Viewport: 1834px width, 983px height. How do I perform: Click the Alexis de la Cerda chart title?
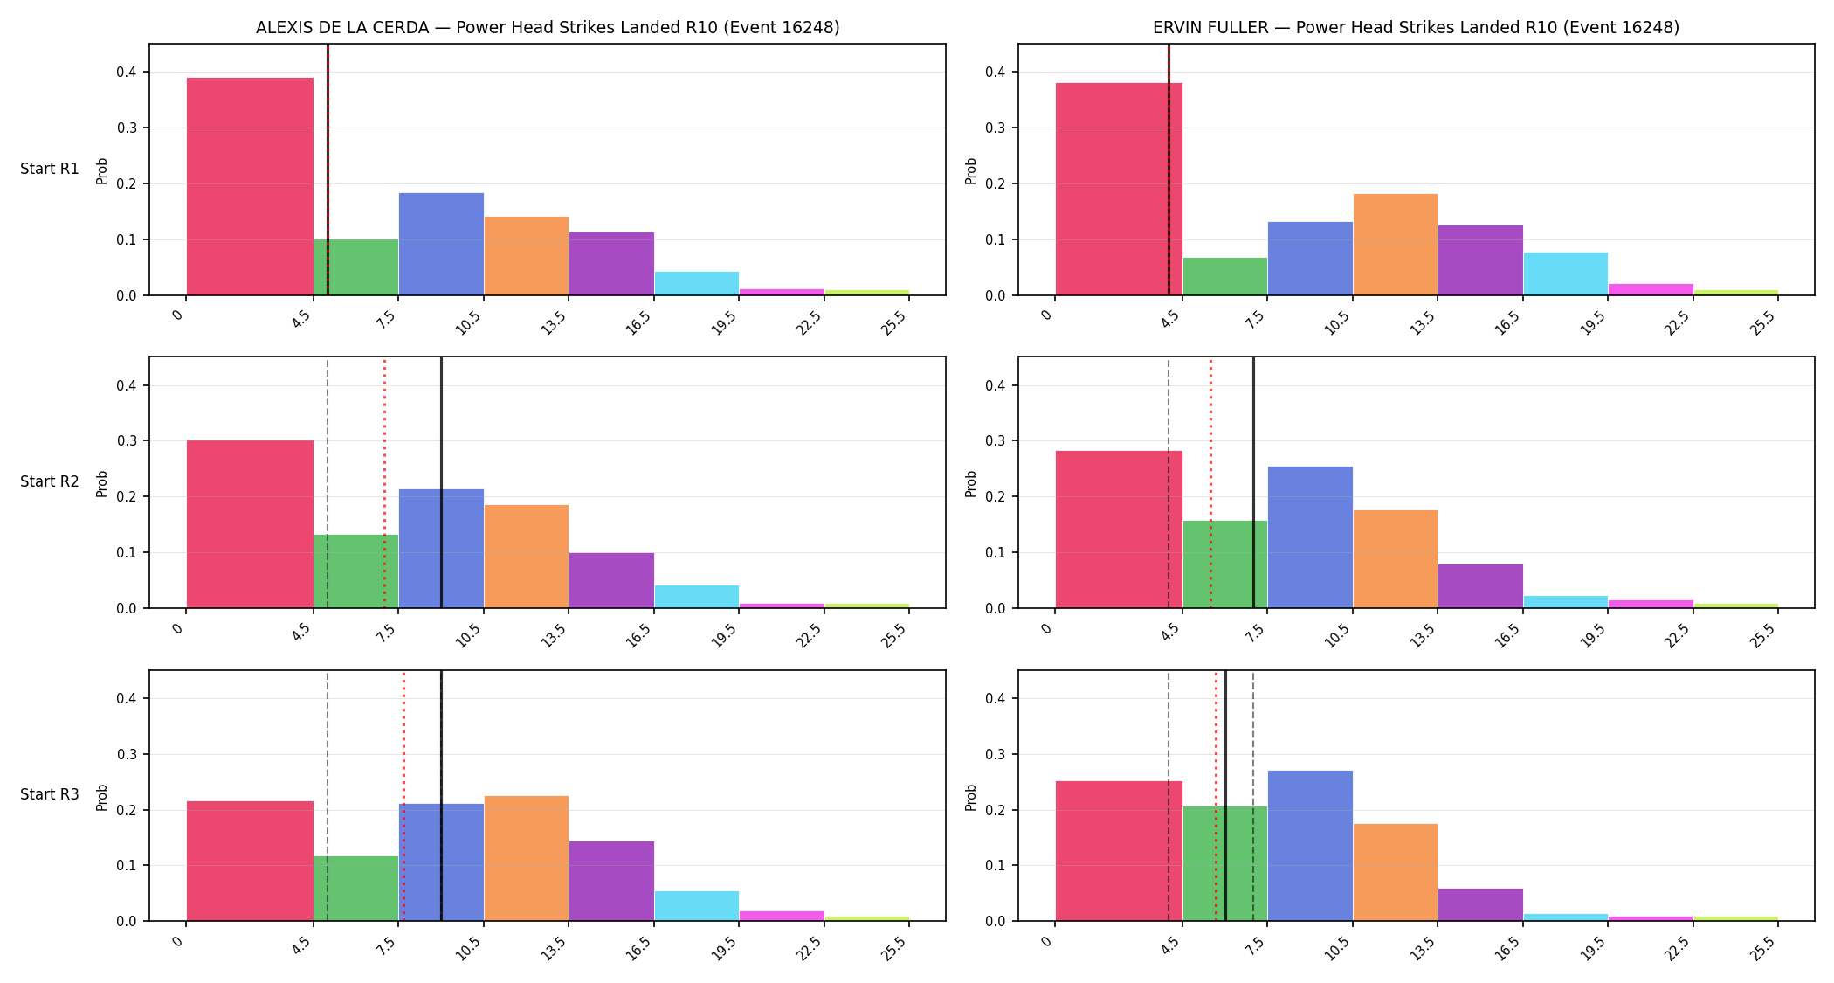(548, 27)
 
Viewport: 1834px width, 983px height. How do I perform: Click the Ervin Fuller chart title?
(1416, 27)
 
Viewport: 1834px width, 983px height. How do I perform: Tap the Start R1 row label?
(50, 169)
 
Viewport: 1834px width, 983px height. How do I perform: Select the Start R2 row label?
(50, 481)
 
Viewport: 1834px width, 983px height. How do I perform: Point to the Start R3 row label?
(50, 794)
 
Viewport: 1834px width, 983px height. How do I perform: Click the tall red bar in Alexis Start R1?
(250, 186)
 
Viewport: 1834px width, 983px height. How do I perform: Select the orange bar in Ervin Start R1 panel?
(1396, 245)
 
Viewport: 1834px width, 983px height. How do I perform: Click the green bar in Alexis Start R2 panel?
(356, 571)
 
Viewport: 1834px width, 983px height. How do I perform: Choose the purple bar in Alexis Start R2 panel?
(611, 580)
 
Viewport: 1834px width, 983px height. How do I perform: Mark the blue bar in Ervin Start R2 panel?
(1310, 537)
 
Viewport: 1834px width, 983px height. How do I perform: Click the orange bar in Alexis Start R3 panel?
(527, 858)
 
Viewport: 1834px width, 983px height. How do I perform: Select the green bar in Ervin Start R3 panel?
(1225, 863)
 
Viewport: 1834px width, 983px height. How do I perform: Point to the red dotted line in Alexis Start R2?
(384, 482)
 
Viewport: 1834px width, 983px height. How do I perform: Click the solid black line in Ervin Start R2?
(1253, 482)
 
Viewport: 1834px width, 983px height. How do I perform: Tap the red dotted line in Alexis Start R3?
(403, 795)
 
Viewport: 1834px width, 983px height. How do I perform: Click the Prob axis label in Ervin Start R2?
(970, 483)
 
